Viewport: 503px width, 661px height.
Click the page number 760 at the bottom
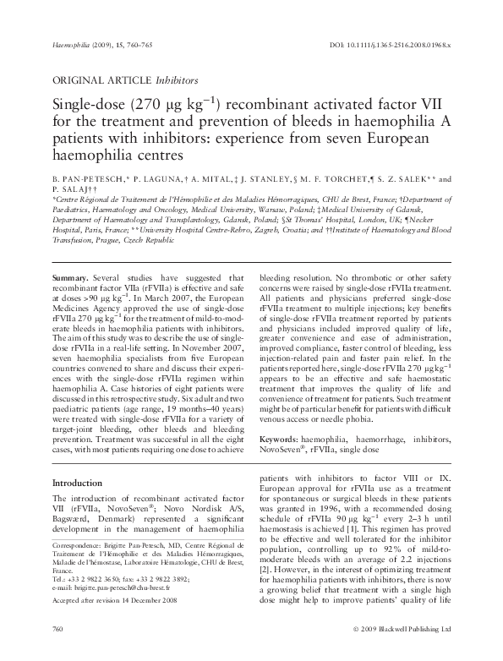[x=58, y=653]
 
